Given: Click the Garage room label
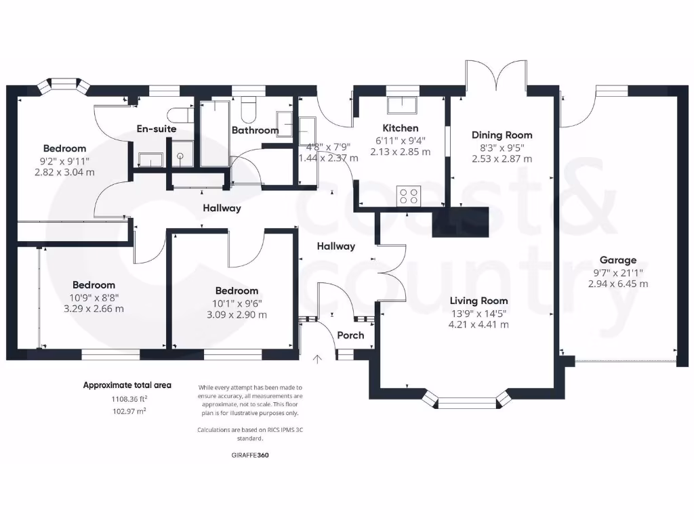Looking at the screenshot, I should tap(617, 260).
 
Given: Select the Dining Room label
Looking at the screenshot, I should tap(502, 135).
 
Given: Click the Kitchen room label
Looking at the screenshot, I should tap(401, 128).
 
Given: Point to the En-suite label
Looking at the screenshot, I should tap(156, 129).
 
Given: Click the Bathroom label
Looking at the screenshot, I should tap(255, 130).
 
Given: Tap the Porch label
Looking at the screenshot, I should tap(350, 335).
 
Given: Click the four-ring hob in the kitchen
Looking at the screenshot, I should tap(409, 196).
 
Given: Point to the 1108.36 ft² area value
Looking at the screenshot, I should tap(127, 399).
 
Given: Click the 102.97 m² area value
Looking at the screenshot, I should tap(127, 411).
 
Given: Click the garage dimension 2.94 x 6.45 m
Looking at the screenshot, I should tap(617, 284).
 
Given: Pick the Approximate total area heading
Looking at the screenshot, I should tap(127, 385).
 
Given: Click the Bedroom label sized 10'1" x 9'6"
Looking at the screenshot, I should tap(237, 291).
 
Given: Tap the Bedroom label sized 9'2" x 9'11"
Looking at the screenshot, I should tap(64, 148).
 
